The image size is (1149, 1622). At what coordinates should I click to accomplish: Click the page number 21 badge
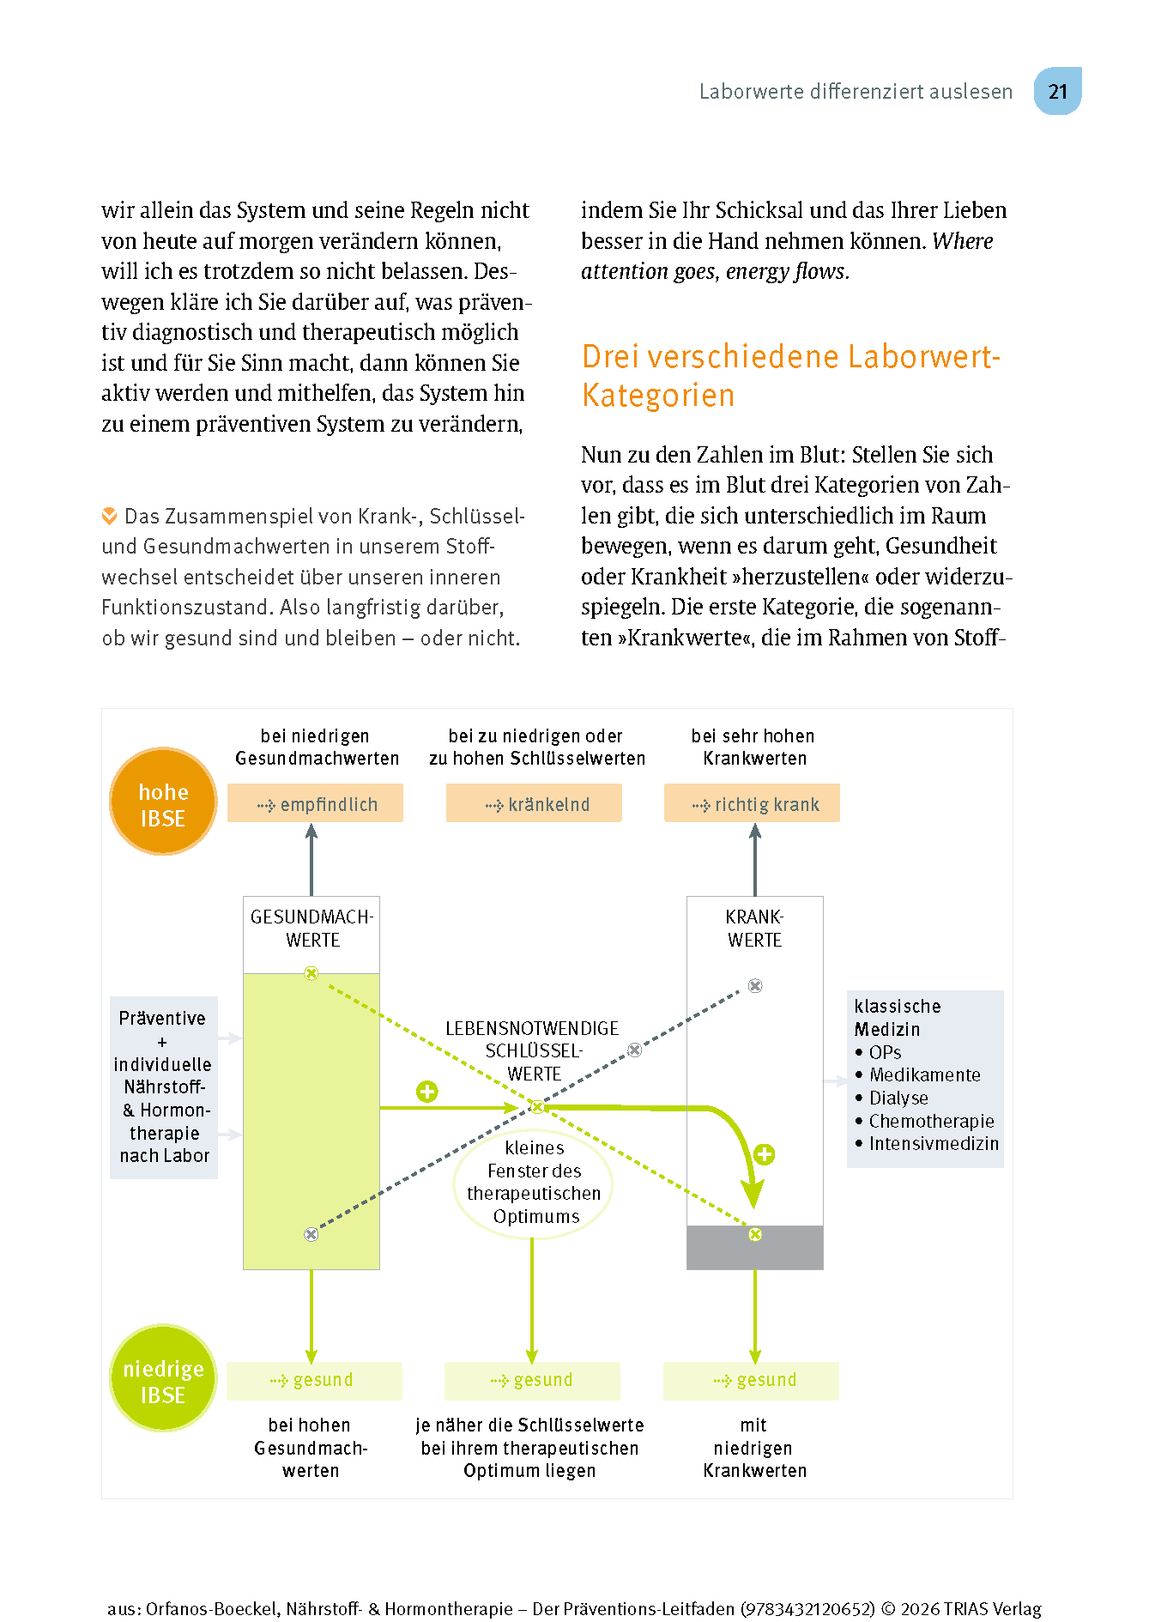(x=1057, y=92)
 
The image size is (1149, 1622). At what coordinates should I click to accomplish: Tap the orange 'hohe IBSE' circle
(x=163, y=802)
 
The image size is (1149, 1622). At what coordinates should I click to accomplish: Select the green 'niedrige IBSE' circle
(x=163, y=1378)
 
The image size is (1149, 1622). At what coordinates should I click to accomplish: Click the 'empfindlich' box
(x=315, y=804)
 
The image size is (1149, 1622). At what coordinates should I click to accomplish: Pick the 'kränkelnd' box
(x=534, y=804)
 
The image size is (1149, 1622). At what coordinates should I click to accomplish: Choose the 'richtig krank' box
(x=753, y=804)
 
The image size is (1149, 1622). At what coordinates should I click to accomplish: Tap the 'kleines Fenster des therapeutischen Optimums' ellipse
(x=533, y=1183)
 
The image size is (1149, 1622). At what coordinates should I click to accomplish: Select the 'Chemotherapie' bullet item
(x=931, y=1121)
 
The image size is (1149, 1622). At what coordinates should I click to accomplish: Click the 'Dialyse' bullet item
(x=898, y=1098)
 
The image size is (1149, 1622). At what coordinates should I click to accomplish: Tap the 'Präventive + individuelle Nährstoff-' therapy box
(x=164, y=1086)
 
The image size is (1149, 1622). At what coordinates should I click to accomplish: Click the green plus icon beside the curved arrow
(x=764, y=1154)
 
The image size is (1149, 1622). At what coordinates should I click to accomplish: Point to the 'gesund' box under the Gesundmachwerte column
(x=314, y=1380)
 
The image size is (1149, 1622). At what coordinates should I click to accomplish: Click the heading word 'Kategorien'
(x=658, y=396)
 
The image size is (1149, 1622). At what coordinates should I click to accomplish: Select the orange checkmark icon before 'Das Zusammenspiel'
(x=110, y=516)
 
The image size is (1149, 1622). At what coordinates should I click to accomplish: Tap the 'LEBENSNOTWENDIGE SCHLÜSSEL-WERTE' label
(x=533, y=1051)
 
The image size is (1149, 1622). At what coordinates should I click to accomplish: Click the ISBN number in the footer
(x=807, y=1609)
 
